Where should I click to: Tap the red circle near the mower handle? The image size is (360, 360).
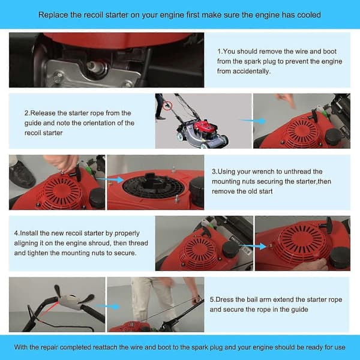[x=168, y=106]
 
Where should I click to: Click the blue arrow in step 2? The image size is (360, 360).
[x=253, y=121]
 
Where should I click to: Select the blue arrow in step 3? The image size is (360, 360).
[x=110, y=179]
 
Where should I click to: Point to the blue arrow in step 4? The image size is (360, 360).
[x=253, y=247]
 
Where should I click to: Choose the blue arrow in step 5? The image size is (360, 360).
[x=107, y=306]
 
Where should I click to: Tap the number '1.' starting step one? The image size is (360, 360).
[x=220, y=52]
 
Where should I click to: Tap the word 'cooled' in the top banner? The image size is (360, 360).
[x=309, y=15]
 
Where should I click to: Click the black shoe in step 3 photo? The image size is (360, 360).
[x=22, y=174]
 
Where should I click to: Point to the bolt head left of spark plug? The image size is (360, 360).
[x=58, y=75]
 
